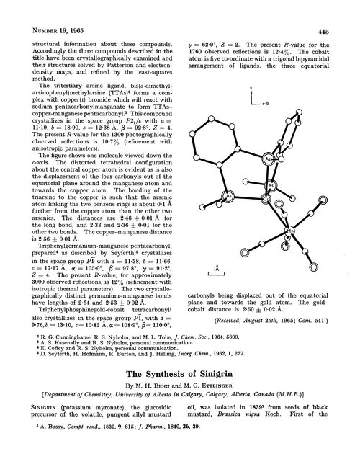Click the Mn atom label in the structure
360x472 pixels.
(289, 231)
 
